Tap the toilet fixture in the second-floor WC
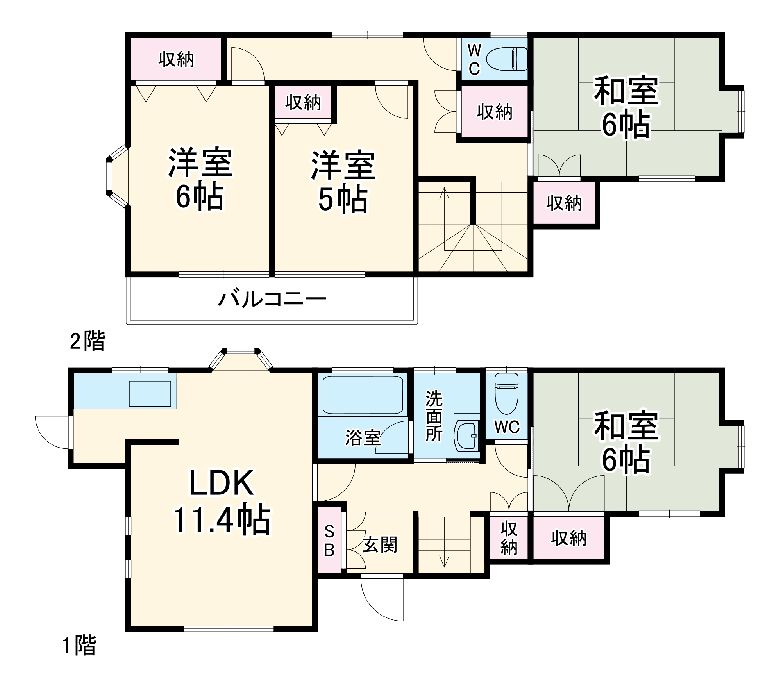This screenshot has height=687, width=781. (506, 59)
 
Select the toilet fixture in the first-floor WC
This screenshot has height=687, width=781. (506, 394)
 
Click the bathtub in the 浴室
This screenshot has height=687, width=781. (363, 394)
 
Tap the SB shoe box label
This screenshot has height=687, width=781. (329, 541)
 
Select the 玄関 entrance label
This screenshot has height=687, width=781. (380, 544)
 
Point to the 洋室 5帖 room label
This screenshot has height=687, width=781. (343, 182)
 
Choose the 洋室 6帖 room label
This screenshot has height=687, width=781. (200, 180)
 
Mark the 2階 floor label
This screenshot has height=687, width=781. (88, 341)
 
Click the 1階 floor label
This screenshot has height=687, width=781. (79, 645)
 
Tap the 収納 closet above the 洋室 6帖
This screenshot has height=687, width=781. (176, 59)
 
